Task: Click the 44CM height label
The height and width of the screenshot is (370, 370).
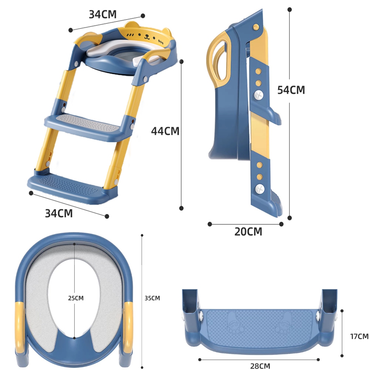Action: (165, 131)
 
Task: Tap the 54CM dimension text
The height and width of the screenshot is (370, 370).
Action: (291, 90)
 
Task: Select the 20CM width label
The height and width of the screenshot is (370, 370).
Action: (248, 232)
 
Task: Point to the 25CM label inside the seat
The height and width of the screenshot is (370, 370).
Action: (76, 298)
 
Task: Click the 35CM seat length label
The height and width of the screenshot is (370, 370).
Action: (152, 298)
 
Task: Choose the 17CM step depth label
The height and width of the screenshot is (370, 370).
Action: (359, 336)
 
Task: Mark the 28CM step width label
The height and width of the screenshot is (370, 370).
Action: (260, 366)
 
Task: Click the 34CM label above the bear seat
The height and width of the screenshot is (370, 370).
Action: (102, 14)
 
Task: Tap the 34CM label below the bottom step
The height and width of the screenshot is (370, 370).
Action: (59, 213)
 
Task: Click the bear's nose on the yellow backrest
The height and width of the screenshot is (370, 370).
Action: (147, 36)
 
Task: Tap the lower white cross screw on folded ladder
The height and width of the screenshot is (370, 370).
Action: (260, 189)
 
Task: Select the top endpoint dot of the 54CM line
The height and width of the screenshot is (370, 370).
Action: (290, 10)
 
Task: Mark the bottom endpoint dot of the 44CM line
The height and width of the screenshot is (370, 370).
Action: (181, 208)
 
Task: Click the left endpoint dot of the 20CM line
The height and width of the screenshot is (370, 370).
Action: (210, 224)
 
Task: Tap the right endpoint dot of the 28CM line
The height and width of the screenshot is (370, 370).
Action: (318, 360)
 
